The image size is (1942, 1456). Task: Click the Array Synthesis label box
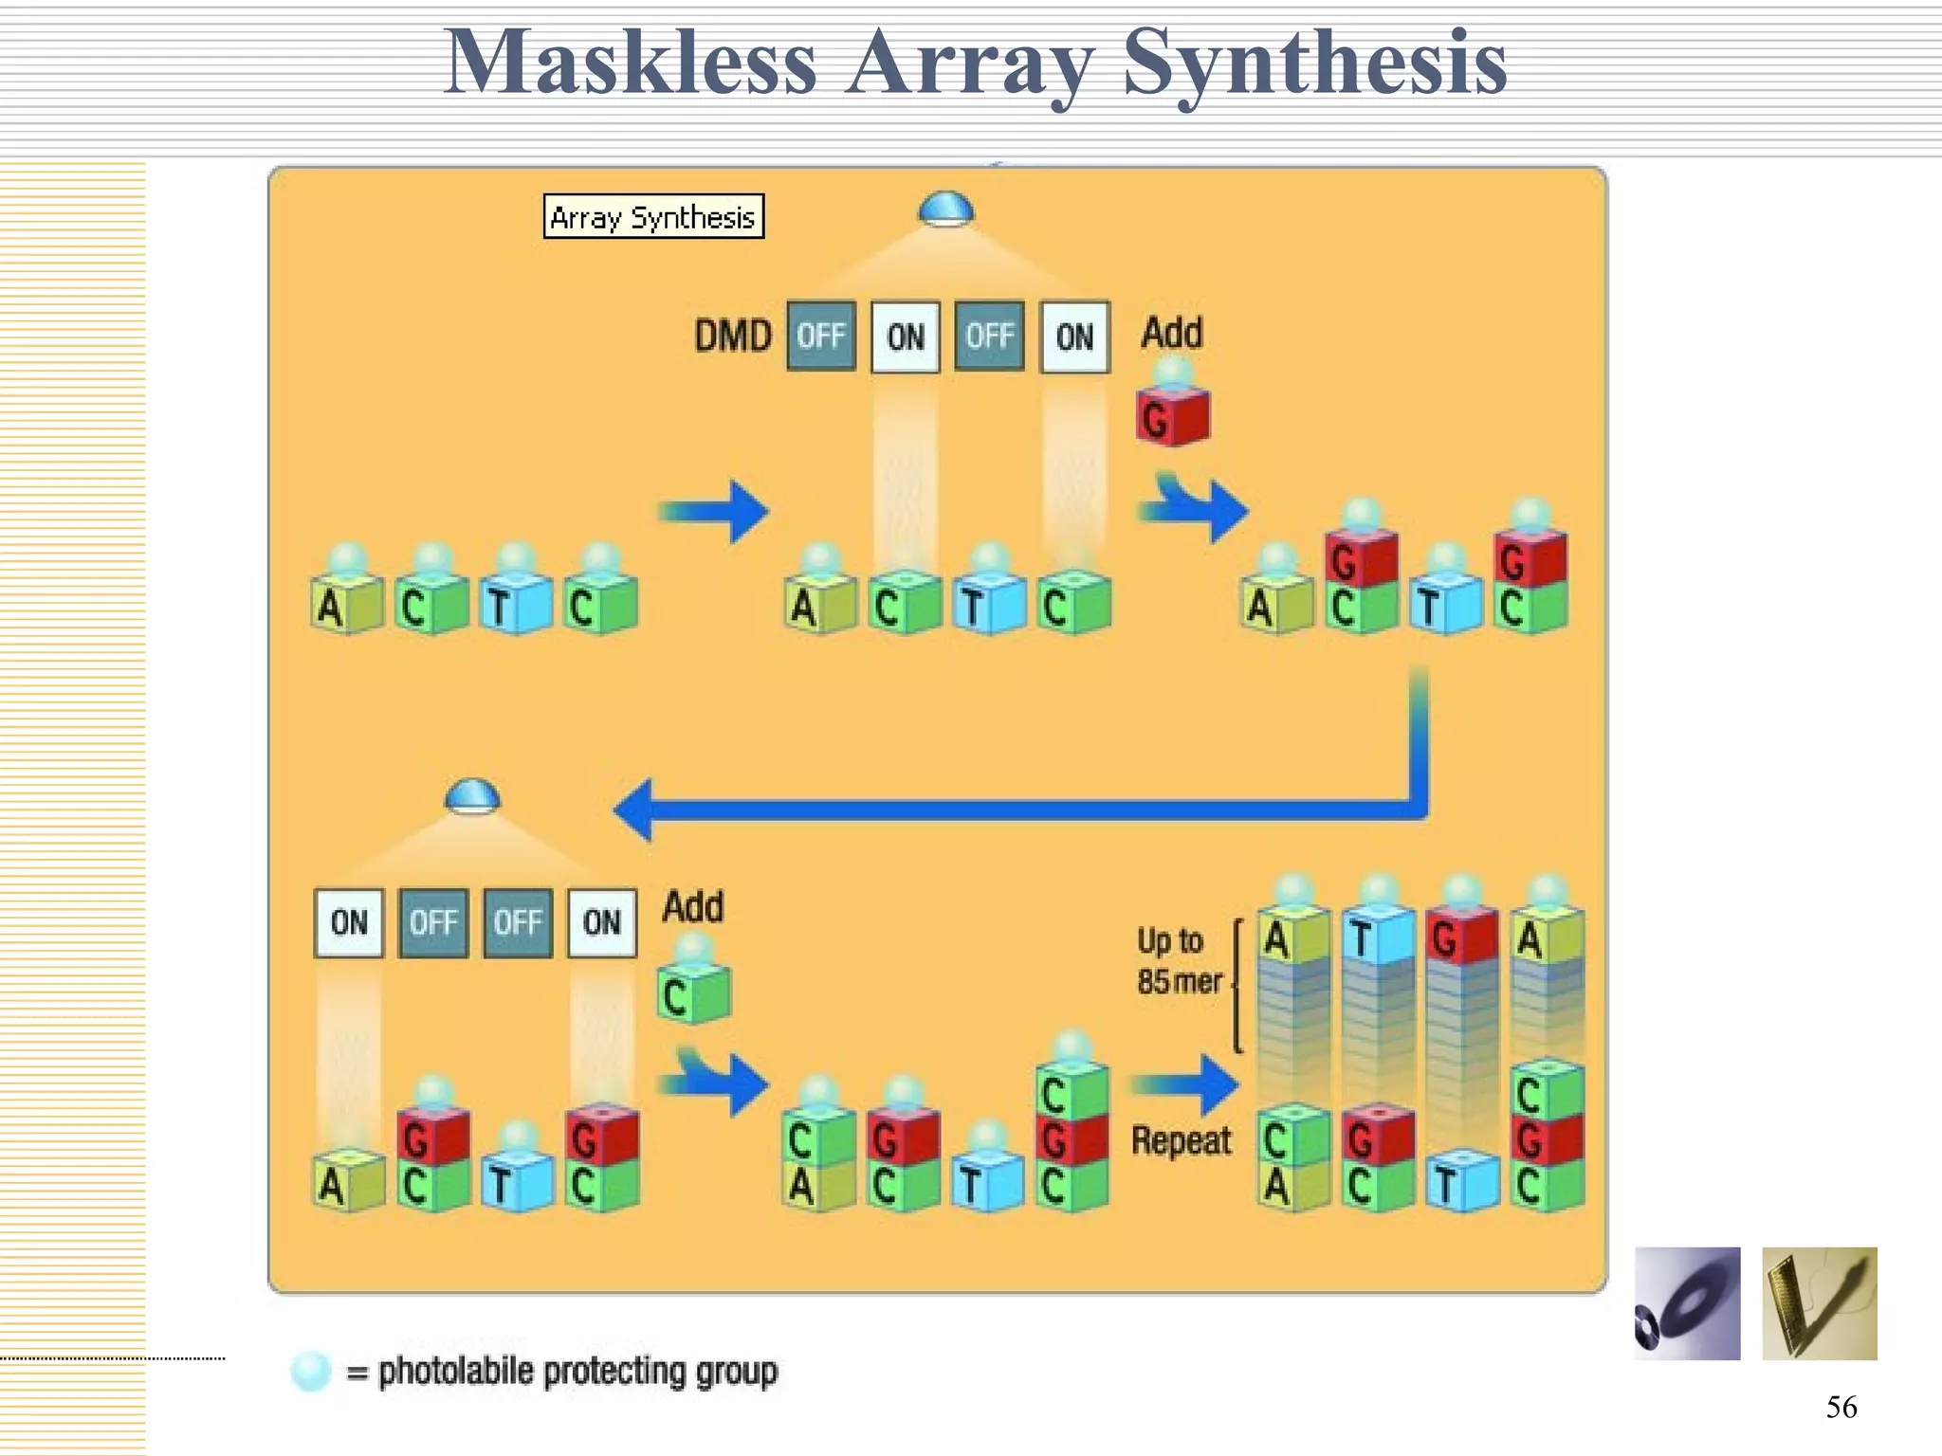653,217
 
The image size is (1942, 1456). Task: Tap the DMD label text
733,337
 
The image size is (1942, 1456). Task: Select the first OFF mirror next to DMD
821,337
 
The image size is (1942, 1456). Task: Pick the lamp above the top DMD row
945,209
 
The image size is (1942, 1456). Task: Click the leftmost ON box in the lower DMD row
349,922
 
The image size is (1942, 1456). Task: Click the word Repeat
1182,1141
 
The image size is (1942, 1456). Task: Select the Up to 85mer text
1179,961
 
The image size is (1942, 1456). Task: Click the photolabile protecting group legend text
577,1372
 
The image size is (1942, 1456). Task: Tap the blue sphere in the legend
311,1372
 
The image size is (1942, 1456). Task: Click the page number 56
1841,1407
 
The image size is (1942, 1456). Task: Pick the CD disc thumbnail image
1687,1303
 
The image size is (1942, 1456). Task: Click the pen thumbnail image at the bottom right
1819,1303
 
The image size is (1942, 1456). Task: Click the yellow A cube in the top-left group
347,605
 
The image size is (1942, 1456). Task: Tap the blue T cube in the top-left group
516,605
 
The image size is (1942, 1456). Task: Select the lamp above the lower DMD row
472,796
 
